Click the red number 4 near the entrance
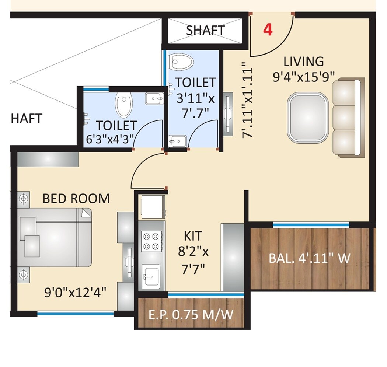[x=268, y=30]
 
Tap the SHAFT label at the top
[x=205, y=30]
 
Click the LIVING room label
[x=303, y=61]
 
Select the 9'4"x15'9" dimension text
[x=303, y=76]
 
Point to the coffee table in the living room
[x=308, y=118]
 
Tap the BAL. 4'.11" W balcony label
[x=309, y=258]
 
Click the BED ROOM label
[x=76, y=199]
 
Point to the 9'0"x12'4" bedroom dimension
[x=75, y=293]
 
